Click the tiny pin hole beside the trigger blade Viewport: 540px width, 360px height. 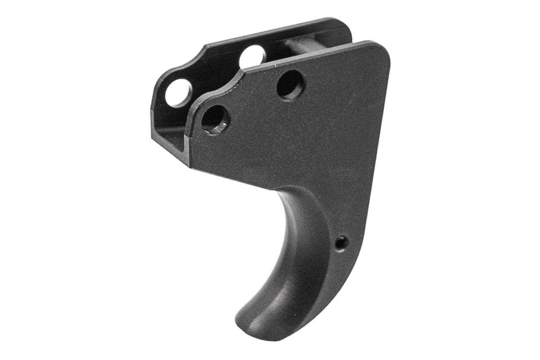pos(341,242)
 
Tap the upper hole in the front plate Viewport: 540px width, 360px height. pos(291,84)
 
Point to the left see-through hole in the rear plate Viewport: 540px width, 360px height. pos(178,93)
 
